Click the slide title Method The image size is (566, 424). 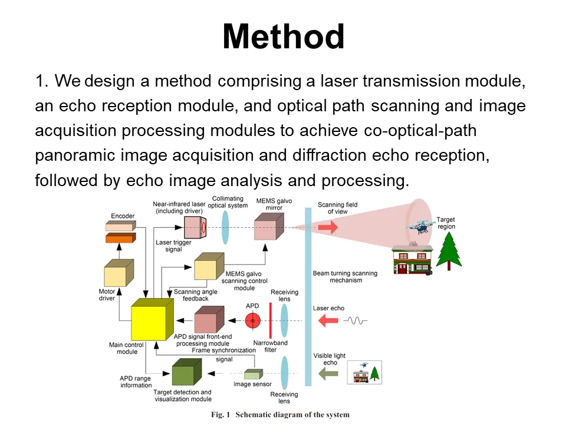pyautogui.click(x=283, y=37)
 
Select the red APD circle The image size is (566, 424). pyautogui.click(x=253, y=320)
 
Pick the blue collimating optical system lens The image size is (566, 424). pyautogui.click(x=225, y=227)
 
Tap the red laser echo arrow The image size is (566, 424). pyautogui.click(x=328, y=320)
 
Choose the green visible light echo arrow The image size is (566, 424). pyautogui.click(x=328, y=373)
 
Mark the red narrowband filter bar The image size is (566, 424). pyautogui.click(x=270, y=320)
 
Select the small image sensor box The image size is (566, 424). pyautogui.click(x=253, y=374)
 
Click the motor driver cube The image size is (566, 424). pyautogui.click(x=118, y=273)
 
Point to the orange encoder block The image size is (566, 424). pyautogui.click(x=120, y=237)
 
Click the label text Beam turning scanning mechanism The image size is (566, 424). pyautogui.click(x=345, y=277)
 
